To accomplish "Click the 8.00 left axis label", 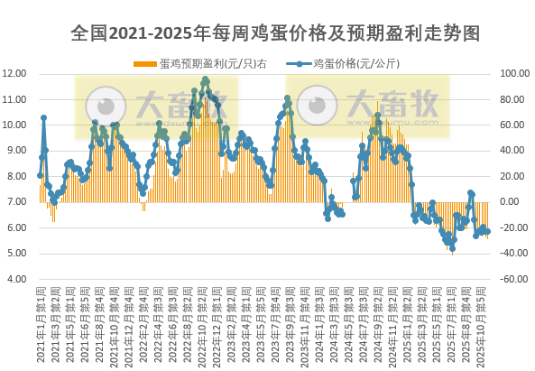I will pyautogui.click(x=18, y=176).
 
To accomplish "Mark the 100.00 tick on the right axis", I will pyautogui.click(x=511, y=73).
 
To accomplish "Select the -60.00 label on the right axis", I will pyautogui.click(x=511, y=279).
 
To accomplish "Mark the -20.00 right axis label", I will pyautogui.click(x=511, y=227).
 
